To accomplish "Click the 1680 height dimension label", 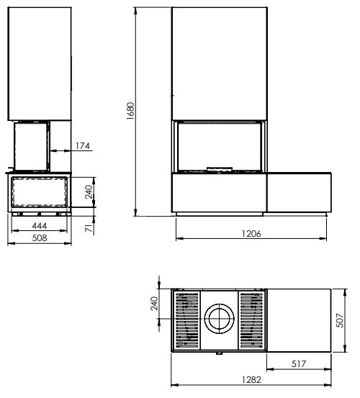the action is [130, 111].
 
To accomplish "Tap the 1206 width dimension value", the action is [251, 233].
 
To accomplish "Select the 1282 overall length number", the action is [251, 380].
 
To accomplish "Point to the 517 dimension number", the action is [299, 363].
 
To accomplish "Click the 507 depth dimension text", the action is [340, 320].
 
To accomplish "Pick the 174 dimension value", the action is [83, 146].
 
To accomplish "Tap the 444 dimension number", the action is [40, 225].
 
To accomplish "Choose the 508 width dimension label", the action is [40, 238].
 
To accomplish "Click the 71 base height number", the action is [89, 228].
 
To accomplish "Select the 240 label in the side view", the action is [89, 191].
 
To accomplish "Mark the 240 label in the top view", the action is [154, 303].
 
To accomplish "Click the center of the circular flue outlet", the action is [220, 319].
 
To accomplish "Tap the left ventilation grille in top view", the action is [186, 320].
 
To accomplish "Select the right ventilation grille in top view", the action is [251, 320].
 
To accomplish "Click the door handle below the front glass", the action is [220, 169].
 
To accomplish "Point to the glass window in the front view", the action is [220, 146].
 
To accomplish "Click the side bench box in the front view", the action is [299, 192].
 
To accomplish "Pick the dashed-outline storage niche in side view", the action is [40, 191].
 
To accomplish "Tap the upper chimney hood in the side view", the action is [40, 63].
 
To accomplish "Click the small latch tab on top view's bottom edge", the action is [220, 353].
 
